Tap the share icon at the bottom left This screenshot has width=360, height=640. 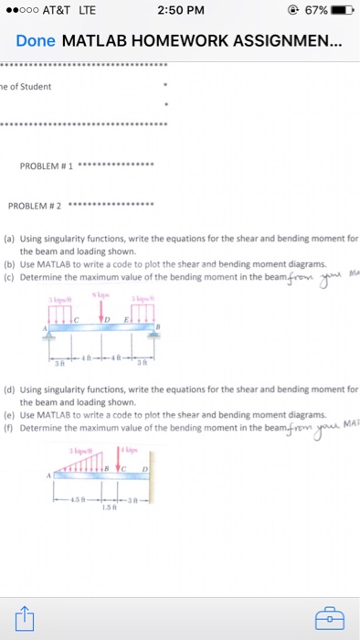pyautogui.click(x=24, y=619)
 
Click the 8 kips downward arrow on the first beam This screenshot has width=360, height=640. pyautogui.click(x=101, y=311)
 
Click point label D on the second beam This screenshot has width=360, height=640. pyautogui.click(x=145, y=468)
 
